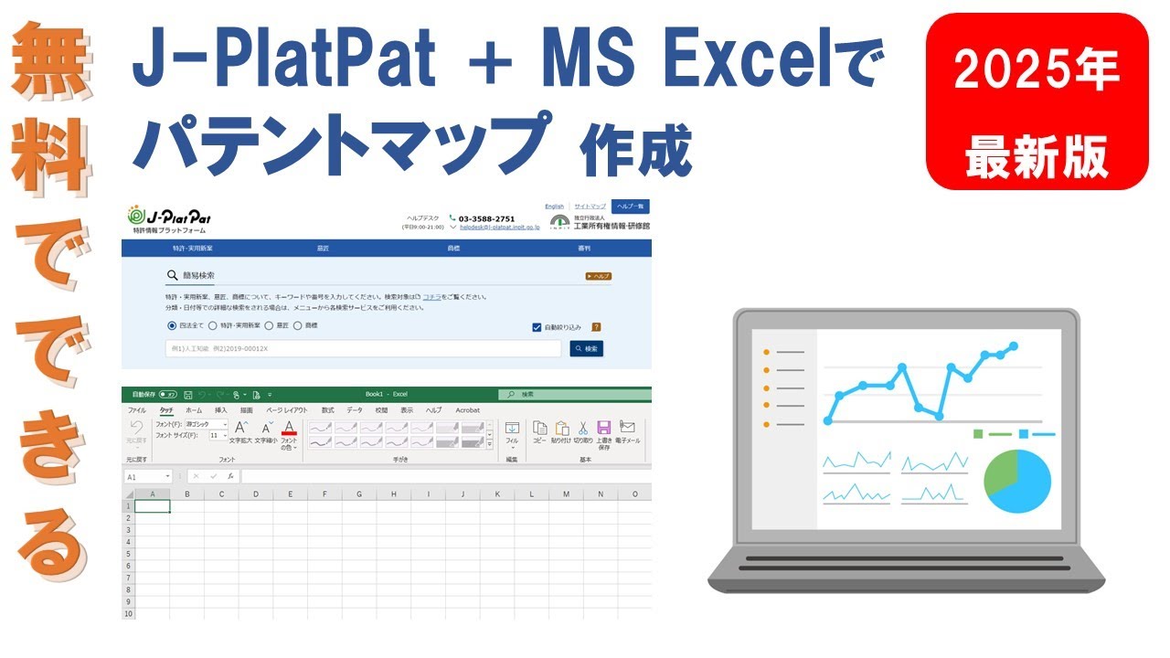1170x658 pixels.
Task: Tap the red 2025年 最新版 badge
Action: (x=1037, y=101)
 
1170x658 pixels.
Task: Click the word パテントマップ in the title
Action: (x=344, y=143)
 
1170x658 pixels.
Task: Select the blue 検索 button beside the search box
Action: (x=587, y=349)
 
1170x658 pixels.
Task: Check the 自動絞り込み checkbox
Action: (x=537, y=327)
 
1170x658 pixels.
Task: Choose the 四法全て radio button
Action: (x=172, y=325)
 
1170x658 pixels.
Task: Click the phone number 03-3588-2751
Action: (x=486, y=218)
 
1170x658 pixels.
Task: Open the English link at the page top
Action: (x=554, y=207)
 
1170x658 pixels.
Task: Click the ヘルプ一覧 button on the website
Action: (x=631, y=207)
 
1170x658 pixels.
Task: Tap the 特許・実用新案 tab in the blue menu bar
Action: (x=191, y=249)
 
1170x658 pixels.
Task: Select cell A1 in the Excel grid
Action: (x=152, y=506)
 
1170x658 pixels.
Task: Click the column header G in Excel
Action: (x=359, y=494)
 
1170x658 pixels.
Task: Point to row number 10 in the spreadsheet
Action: (x=128, y=614)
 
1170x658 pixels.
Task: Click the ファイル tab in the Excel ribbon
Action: (x=137, y=410)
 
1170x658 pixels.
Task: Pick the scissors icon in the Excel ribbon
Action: (x=582, y=428)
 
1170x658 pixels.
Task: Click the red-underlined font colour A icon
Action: (x=289, y=428)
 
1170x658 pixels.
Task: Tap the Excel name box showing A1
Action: (x=148, y=476)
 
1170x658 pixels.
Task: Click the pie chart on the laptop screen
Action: (x=1016, y=481)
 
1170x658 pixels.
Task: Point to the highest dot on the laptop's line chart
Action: (x=1014, y=346)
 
